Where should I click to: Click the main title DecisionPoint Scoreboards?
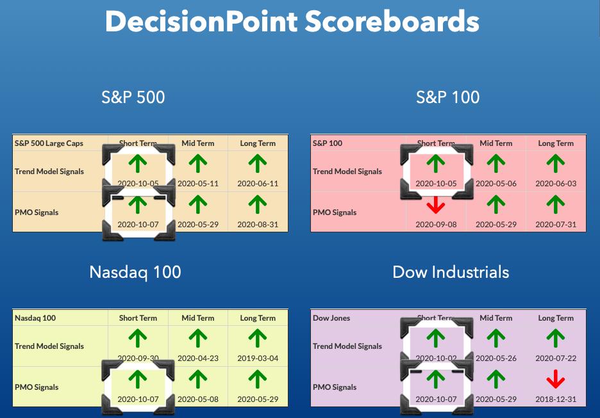point(292,22)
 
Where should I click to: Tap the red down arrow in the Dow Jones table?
point(556,379)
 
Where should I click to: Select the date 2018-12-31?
point(556,399)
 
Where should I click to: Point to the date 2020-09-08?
point(436,225)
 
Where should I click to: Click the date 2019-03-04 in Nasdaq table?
point(258,358)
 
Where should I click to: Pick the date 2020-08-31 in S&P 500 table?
point(258,225)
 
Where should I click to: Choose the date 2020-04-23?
point(198,358)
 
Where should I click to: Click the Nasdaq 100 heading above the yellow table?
point(135,273)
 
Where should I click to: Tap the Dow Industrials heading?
point(451,273)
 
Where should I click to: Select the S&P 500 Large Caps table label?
point(49,143)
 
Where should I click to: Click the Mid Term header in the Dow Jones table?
point(496,318)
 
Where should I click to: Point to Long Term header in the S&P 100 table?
point(556,143)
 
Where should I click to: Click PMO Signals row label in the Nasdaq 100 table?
point(37,387)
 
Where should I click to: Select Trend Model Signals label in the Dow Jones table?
point(347,346)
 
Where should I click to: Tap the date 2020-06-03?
point(556,184)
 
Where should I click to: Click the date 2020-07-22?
point(556,358)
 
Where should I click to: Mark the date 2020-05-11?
point(198,184)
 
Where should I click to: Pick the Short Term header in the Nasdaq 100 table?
point(138,318)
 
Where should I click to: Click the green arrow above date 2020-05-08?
point(198,379)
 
